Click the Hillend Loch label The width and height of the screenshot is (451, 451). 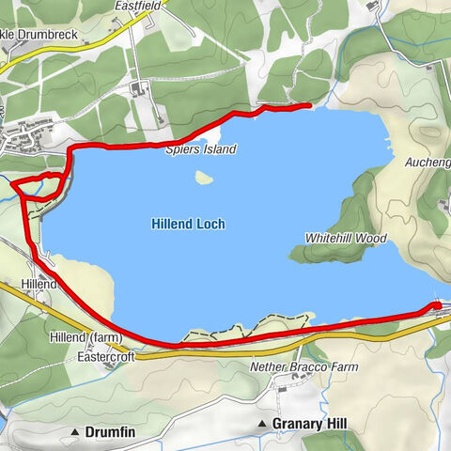(x=188, y=225)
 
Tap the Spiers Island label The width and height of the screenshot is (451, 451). (x=200, y=149)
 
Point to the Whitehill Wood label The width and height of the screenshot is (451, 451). (x=346, y=239)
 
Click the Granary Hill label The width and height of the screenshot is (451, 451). (x=309, y=425)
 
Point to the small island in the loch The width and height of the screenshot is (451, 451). (x=202, y=176)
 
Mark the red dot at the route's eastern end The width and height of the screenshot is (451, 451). (x=436, y=305)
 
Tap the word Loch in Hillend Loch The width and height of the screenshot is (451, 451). (x=210, y=225)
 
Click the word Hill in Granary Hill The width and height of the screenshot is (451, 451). (x=333, y=425)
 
